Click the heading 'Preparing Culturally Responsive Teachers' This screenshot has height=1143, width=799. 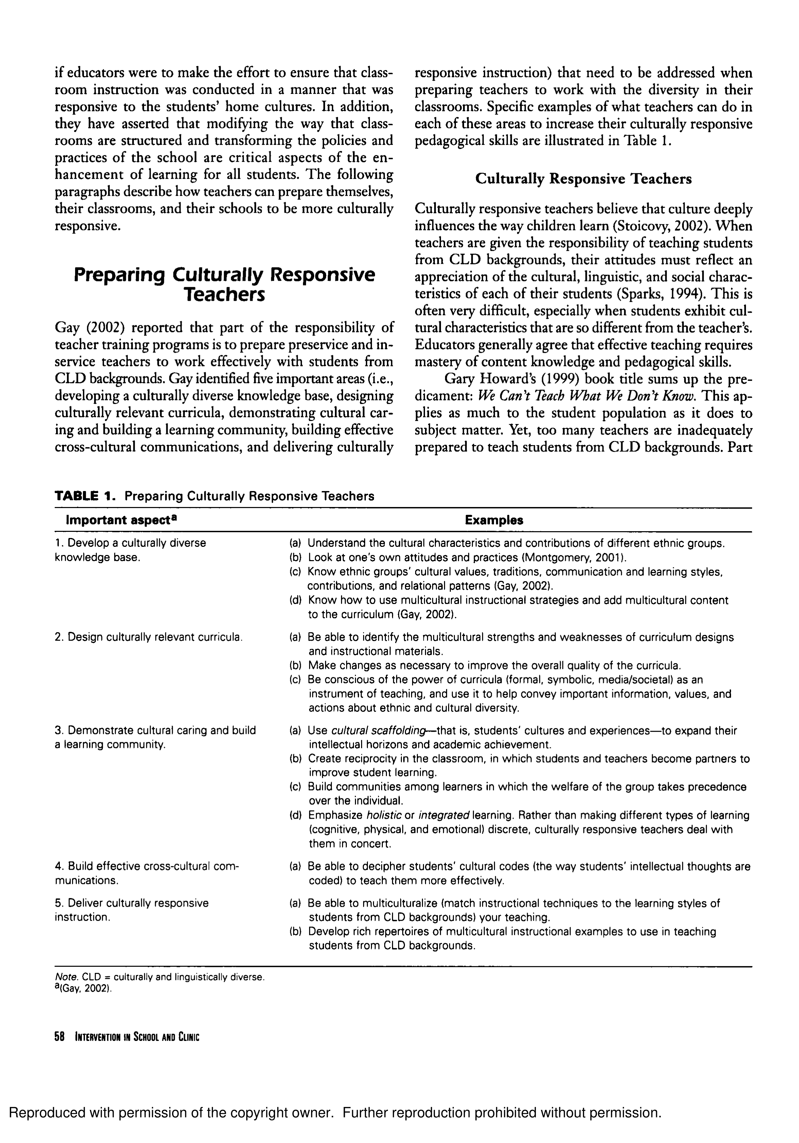224,284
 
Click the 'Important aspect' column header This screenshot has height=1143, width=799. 121,520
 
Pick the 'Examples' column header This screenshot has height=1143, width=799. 494,520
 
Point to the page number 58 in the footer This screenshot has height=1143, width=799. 60,1037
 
